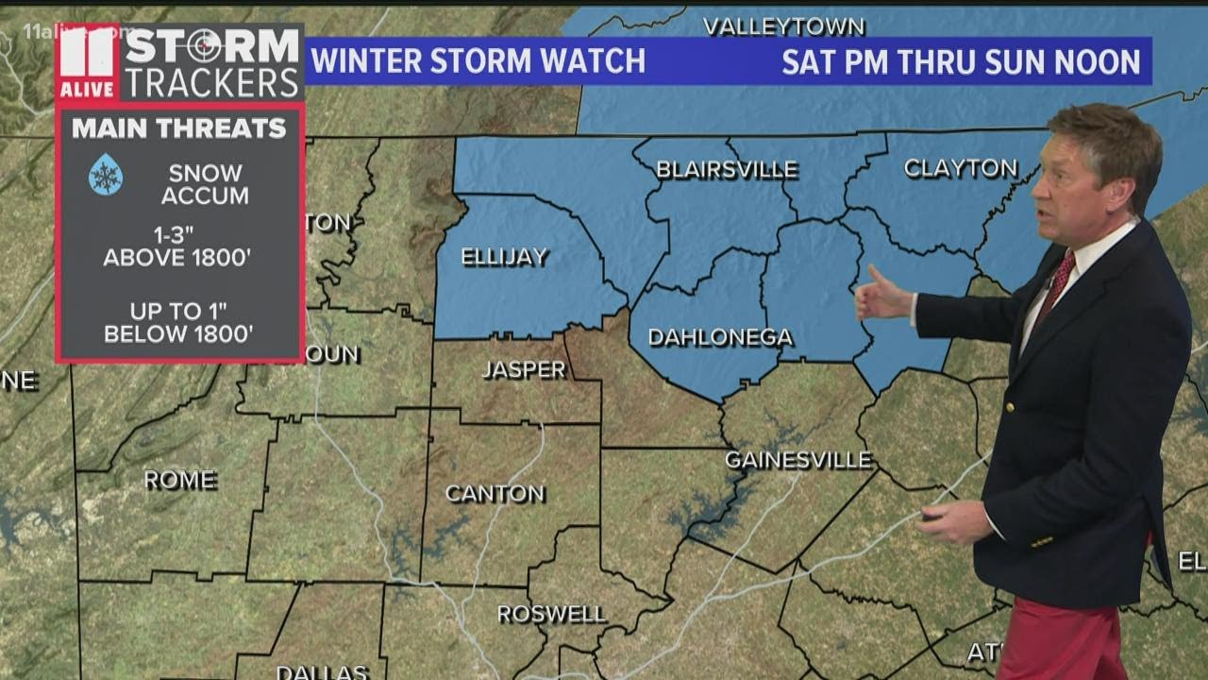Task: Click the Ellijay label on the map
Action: (x=504, y=257)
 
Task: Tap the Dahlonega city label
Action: (x=720, y=337)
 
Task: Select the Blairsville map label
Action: (x=727, y=170)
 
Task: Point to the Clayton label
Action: (x=961, y=168)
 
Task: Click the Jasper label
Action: (x=524, y=369)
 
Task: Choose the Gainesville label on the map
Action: (x=797, y=460)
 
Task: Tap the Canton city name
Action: (x=495, y=493)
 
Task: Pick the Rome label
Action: (x=179, y=480)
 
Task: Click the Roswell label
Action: (x=551, y=614)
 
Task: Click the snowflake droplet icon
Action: (x=105, y=175)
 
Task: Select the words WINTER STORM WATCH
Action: (x=478, y=61)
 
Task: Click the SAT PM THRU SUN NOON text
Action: (x=961, y=62)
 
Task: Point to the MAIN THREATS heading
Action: (x=179, y=128)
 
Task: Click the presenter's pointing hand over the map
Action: (x=881, y=297)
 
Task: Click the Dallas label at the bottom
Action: (x=322, y=672)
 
